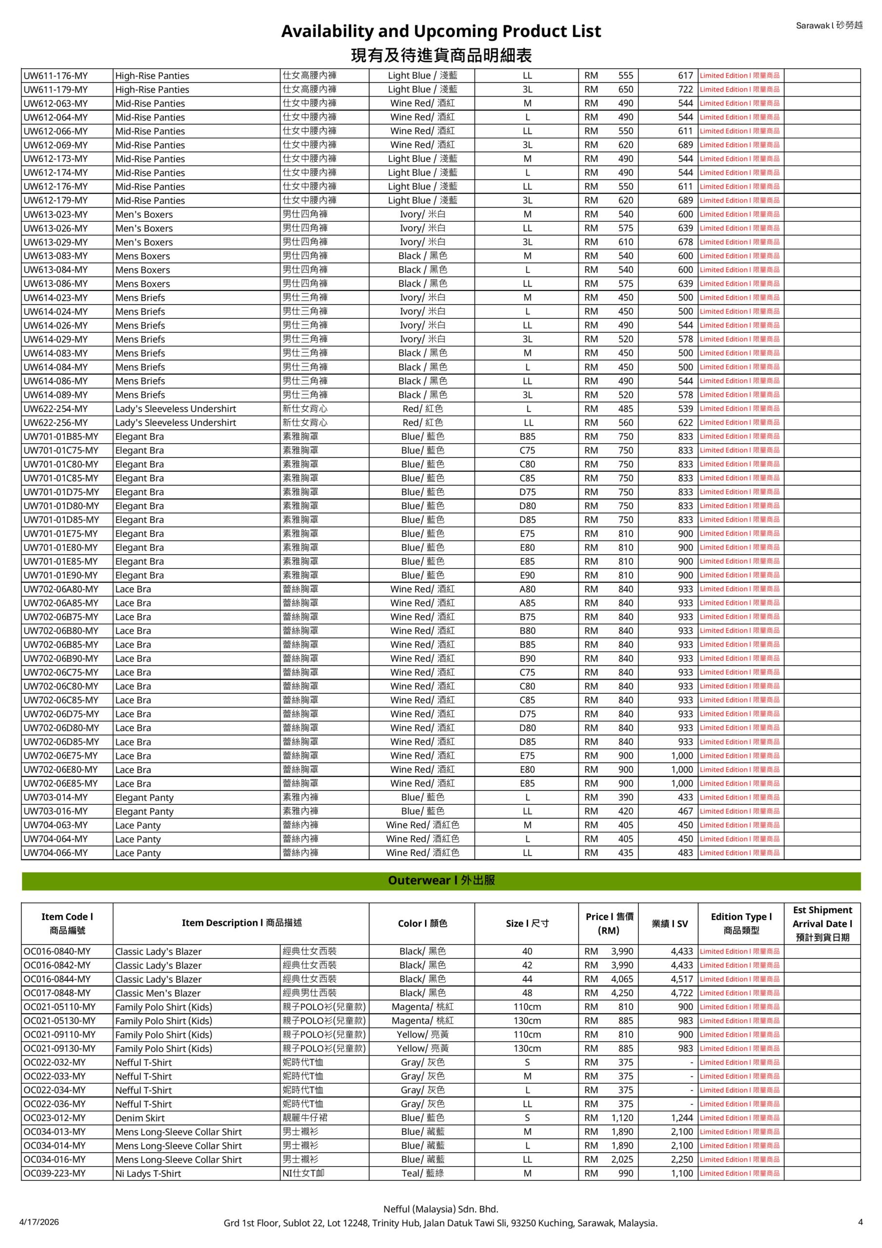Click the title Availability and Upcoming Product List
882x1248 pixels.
point(441,32)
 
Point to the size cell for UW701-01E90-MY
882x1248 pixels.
point(527,576)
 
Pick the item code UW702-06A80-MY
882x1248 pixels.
point(61,589)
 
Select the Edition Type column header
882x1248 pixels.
point(741,923)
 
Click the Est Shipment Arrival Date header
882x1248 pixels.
point(822,923)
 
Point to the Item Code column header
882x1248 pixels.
point(67,923)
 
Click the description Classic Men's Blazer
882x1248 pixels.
point(157,994)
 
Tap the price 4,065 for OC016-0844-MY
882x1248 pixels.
point(622,979)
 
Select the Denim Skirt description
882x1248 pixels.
point(140,1119)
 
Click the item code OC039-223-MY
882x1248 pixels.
point(55,1174)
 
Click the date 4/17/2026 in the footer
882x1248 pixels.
point(39,1223)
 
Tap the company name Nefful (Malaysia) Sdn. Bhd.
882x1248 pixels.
point(441,1209)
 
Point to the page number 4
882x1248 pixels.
point(860,1223)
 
